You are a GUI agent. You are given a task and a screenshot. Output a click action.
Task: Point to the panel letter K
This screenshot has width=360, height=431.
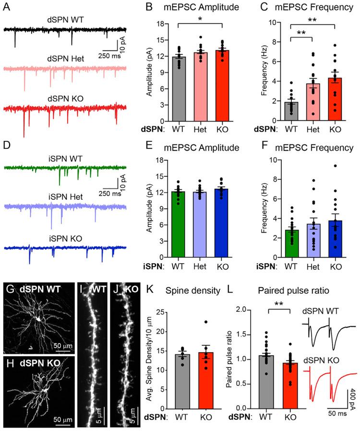point(144,293)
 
